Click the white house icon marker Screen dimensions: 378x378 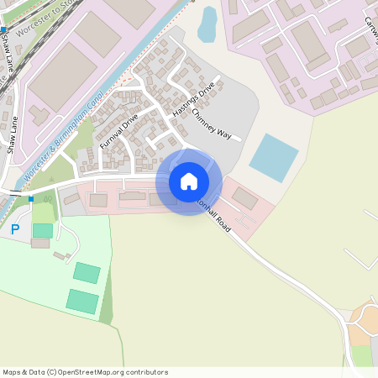pyautogui.click(x=189, y=181)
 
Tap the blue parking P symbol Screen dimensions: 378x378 pyautogui.click(x=14, y=228)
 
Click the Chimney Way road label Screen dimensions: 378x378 pyautogui.click(x=210, y=121)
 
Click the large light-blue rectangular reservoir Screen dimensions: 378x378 pyautogui.click(x=274, y=153)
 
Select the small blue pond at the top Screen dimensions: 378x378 pyautogui.click(x=207, y=24)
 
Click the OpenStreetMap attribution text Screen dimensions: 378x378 pyautogui.click(x=85, y=372)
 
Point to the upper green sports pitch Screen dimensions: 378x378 pyautogui.click(x=86, y=272)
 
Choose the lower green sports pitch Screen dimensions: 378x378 pyautogui.click(x=81, y=301)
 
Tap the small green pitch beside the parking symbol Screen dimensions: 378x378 pyautogui.click(x=42, y=229)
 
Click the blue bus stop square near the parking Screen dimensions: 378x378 pyautogui.click(x=31, y=199)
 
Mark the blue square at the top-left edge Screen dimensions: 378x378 pyautogui.click(x=3, y=29)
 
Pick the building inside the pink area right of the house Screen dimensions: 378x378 pyautogui.click(x=245, y=198)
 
